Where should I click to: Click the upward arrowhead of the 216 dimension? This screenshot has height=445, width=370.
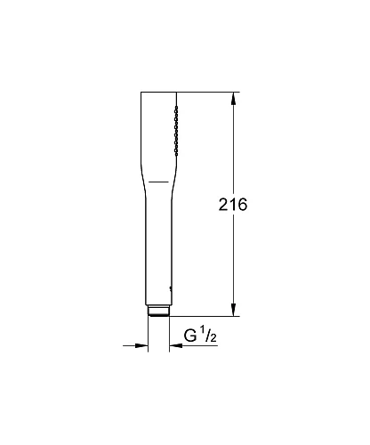[x=233, y=98]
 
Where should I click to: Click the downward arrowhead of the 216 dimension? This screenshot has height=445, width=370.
[x=233, y=309]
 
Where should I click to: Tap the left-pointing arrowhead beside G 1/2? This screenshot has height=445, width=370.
[x=174, y=347]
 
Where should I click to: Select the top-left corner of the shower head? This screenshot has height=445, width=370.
[x=141, y=92]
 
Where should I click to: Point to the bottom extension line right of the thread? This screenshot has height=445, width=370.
[x=205, y=315]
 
